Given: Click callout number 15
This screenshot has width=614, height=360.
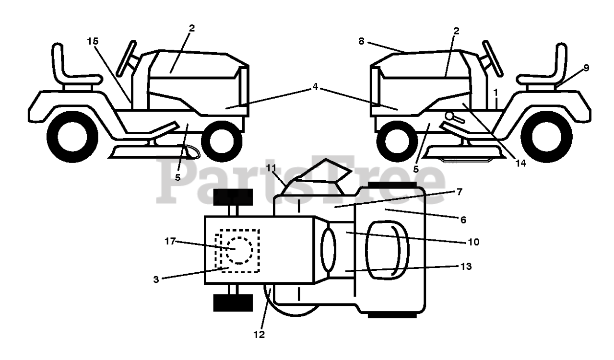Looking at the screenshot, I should coord(93,41).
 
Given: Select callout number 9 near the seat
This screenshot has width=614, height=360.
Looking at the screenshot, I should coord(586,68).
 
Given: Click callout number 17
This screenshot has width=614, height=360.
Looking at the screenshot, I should coord(171,242).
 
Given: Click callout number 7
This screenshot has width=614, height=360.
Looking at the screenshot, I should coord(459,192).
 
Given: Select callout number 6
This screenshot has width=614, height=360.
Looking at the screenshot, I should coord(463,220).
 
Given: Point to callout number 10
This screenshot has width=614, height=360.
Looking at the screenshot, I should coord(473,242).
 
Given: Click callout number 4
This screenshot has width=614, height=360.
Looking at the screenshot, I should coord(315,87).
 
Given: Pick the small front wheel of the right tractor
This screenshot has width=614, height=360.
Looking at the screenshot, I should coord(395,144).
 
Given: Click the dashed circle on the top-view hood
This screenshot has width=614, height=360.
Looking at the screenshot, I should coord(239,250).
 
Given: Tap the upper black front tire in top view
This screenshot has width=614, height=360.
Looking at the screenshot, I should coord(233,197).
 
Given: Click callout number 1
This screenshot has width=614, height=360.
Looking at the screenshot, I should coord(496,91).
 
